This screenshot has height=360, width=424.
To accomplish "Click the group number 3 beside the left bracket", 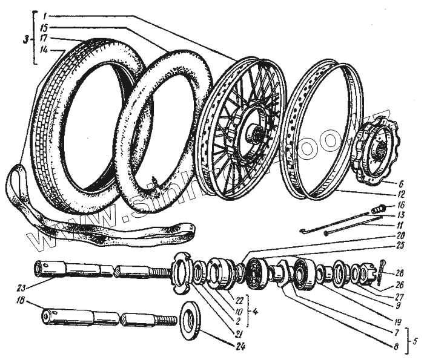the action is coord(25,41).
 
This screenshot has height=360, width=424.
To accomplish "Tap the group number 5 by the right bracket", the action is coord(415,340).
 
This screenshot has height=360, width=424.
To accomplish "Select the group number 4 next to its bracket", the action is coord(257,313).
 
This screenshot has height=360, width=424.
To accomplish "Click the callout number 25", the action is coord(401,247).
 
